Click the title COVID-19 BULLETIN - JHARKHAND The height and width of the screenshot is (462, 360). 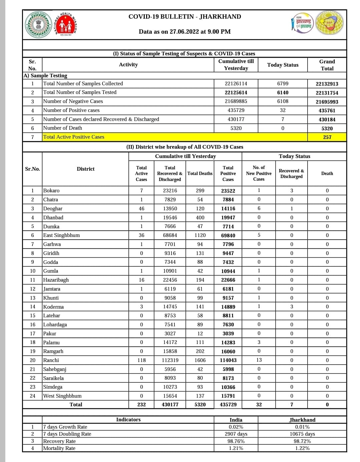tap(185, 17)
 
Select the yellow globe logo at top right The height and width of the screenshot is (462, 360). tap(329, 23)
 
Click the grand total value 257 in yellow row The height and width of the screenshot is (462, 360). tap(327, 137)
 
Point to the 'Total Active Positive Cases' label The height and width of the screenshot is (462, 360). tap(74, 137)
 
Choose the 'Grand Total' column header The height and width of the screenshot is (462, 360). tap(327, 65)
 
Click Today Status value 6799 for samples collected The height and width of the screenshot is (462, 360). tap(283, 84)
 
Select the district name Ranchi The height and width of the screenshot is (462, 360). tap(51, 360)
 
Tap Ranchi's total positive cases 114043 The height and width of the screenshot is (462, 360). tap(228, 360)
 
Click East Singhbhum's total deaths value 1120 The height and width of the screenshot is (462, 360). tap(200, 235)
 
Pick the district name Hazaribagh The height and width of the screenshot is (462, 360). tap(56, 280)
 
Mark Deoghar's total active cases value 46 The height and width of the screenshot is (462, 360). tap(141, 209)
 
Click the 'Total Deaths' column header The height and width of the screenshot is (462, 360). tap(200, 173)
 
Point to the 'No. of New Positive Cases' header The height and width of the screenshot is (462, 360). tap(259, 173)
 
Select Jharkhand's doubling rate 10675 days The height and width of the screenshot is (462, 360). tap(302, 434)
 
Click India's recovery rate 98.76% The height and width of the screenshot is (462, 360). tap(236, 441)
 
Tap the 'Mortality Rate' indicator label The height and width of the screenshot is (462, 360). tap(59, 448)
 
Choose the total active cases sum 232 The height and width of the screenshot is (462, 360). tap(141, 405)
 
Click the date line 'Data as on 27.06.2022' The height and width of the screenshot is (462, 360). tap(185, 32)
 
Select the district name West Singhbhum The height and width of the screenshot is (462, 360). tap(62, 396)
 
